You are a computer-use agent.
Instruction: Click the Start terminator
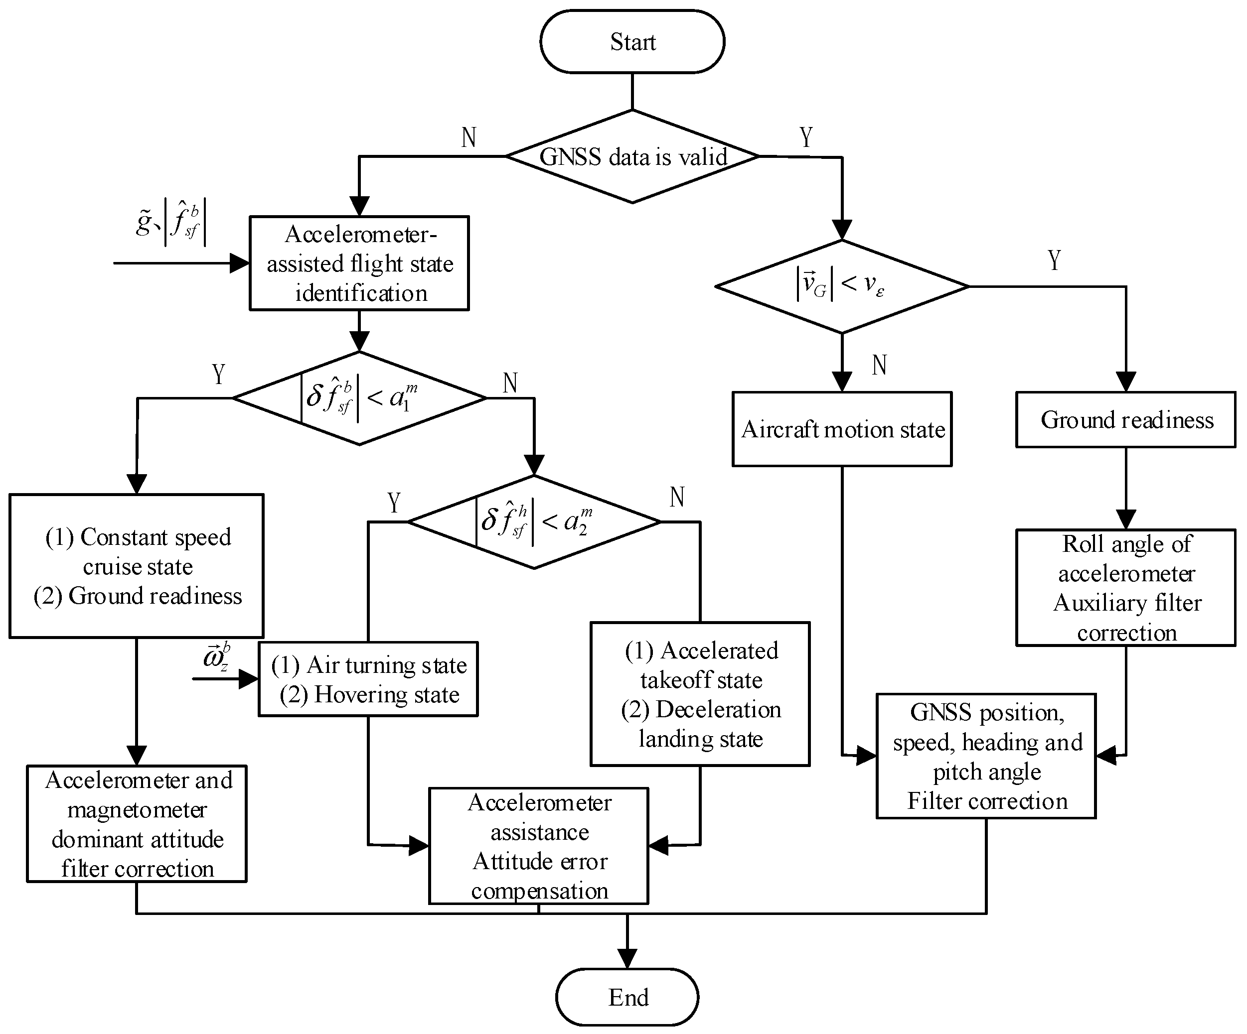tap(632, 41)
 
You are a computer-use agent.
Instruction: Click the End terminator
tap(627, 997)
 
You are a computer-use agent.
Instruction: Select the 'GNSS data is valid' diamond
tap(632, 156)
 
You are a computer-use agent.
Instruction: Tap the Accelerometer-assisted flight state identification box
tap(359, 263)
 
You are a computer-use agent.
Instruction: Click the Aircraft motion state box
tap(842, 428)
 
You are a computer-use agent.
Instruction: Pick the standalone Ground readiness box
tap(1125, 420)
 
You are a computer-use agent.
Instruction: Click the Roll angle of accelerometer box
tap(1125, 588)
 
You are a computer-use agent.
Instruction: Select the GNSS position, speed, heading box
tap(986, 756)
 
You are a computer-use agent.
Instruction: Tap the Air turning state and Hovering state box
tap(368, 679)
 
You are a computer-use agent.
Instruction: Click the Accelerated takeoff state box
tap(700, 694)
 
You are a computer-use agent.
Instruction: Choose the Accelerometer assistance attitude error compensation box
tap(539, 846)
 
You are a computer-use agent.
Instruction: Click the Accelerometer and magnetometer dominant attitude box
tap(137, 824)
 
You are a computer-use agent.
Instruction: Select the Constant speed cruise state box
tap(137, 566)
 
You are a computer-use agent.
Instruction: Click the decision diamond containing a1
tap(359, 397)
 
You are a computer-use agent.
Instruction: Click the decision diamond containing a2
tap(534, 522)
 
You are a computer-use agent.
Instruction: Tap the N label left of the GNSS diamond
tap(468, 137)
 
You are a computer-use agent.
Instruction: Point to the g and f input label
tap(171, 224)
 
